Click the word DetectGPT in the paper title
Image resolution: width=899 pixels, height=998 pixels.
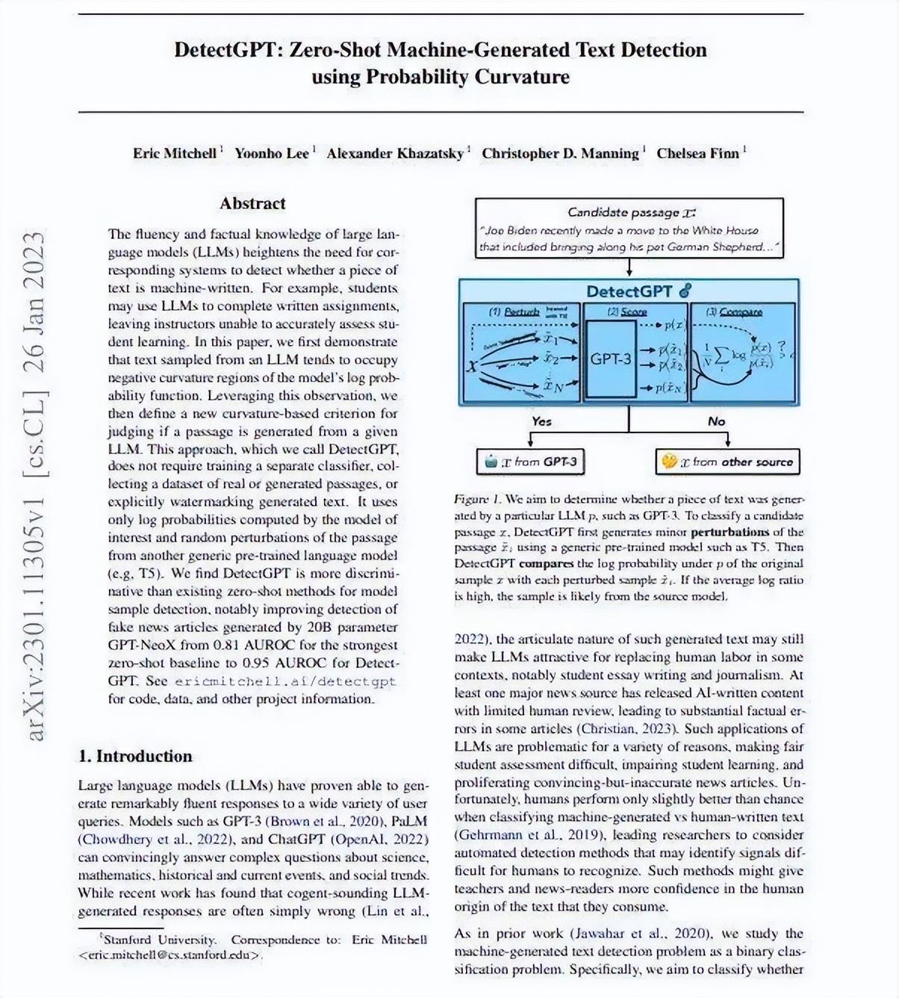coord(227,50)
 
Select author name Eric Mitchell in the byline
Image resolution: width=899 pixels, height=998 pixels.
coord(175,153)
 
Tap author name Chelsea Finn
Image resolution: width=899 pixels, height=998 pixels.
coord(697,153)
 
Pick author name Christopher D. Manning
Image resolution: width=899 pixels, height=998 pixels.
coord(560,153)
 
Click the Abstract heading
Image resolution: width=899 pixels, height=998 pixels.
coord(252,203)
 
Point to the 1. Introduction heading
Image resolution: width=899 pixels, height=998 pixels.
coord(135,756)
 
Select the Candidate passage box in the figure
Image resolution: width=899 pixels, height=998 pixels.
coord(629,229)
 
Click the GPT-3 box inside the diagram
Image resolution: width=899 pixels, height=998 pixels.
coord(611,359)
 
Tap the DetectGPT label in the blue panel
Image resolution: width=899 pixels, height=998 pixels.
coord(629,291)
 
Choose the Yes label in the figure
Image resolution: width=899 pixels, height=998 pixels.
coord(541,421)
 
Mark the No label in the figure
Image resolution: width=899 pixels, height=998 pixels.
coord(716,421)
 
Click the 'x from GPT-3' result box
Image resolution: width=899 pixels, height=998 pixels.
coord(530,462)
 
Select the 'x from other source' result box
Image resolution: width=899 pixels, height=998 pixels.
coord(727,462)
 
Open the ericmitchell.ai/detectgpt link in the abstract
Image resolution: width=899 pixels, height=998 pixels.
coord(285,681)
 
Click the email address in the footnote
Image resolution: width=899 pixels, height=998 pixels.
coord(170,955)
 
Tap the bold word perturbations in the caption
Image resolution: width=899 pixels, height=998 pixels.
coord(730,532)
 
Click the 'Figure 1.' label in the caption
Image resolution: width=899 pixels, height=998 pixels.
coord(477,499)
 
